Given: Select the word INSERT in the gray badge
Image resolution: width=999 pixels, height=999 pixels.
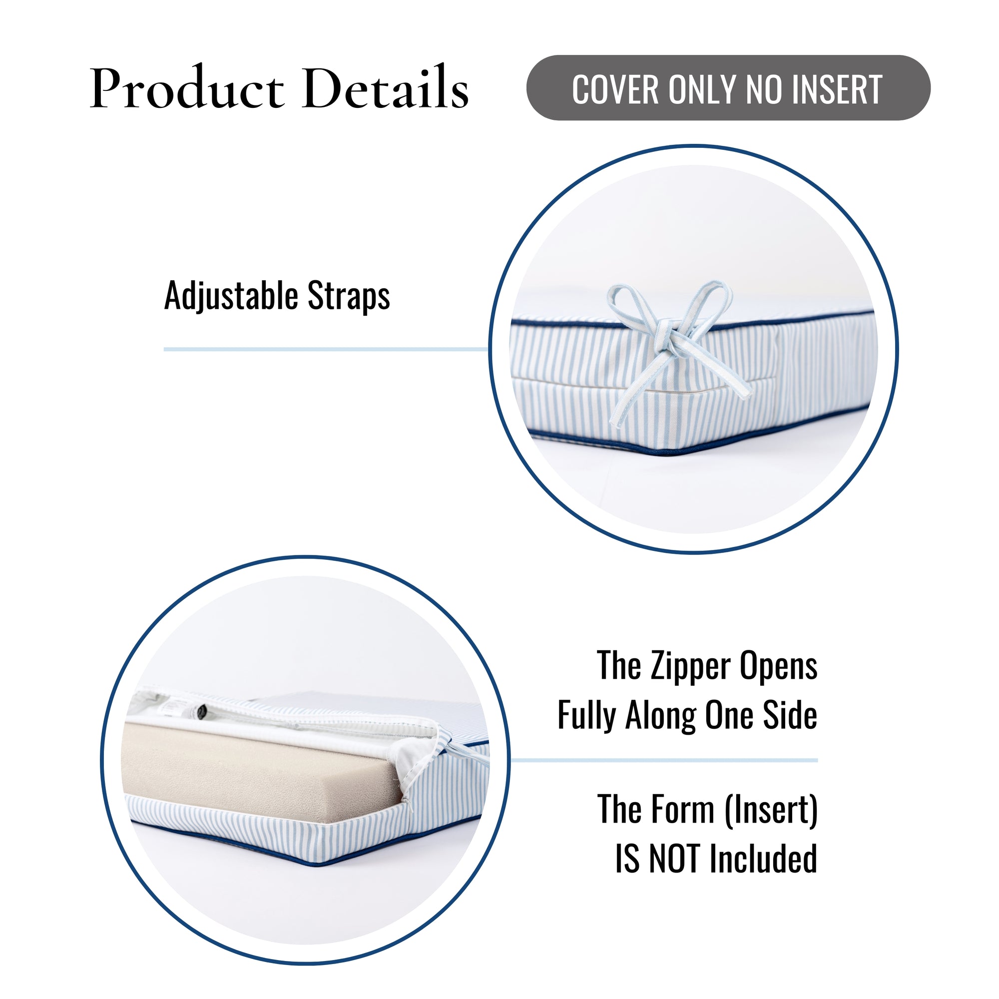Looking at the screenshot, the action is point(838,89).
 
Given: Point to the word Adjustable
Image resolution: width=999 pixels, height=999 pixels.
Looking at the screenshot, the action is point(232,296).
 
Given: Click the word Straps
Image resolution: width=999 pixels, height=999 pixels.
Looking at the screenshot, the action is point(349,296).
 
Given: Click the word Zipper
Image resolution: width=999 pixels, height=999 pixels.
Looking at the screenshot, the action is point(691,666).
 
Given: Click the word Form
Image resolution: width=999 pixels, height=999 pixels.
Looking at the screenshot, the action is point(684,809).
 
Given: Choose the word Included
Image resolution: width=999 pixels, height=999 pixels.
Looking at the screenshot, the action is point(763,859).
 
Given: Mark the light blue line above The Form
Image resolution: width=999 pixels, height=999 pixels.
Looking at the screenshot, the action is point(664,761).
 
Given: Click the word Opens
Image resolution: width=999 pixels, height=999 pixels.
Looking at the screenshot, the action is point(779,666).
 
